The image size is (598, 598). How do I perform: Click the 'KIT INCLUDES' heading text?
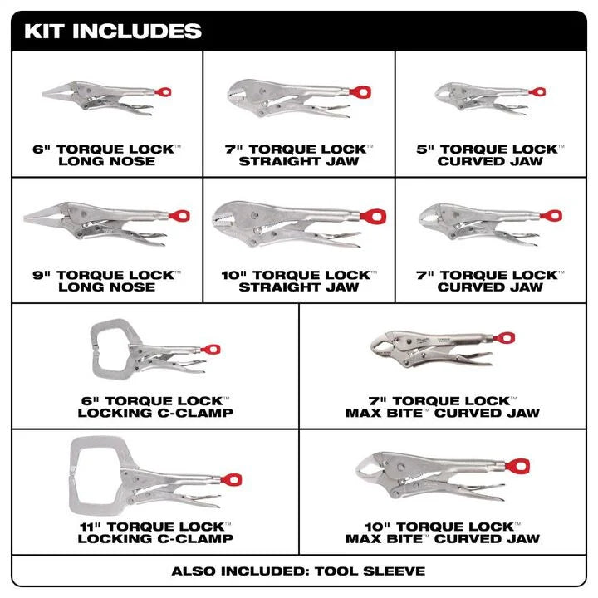pyautogui.click(x=113, y=32)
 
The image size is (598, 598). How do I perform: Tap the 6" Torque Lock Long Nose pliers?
pyautogui.click(x=104, y=97)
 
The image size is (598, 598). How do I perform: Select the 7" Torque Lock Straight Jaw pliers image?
pyautogui.click(x=291, y=98)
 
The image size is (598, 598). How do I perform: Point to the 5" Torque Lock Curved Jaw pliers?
pyautogui.click(x=482, y=96)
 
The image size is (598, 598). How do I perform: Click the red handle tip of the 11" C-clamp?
pyautogui.click(x=232, y=479)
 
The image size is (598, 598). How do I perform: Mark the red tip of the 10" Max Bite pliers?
pyautogui.click(x=519, y=466)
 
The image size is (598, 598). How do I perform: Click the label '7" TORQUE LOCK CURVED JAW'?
pyautogui.click(x=489, y=281)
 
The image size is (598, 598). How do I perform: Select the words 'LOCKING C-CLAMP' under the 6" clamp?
pyautogui.click(x=155, y=413)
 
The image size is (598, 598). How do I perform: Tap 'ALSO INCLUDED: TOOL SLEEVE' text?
pyautogui.click(x=298, y=571)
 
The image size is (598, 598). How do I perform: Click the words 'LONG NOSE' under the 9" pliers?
pyautogui.click(x=107, y=287)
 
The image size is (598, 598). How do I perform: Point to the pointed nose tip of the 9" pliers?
pyautogui.click(x=25, y=218)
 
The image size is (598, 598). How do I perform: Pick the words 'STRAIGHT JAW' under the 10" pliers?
pyautogui.click(x=299, y=287)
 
